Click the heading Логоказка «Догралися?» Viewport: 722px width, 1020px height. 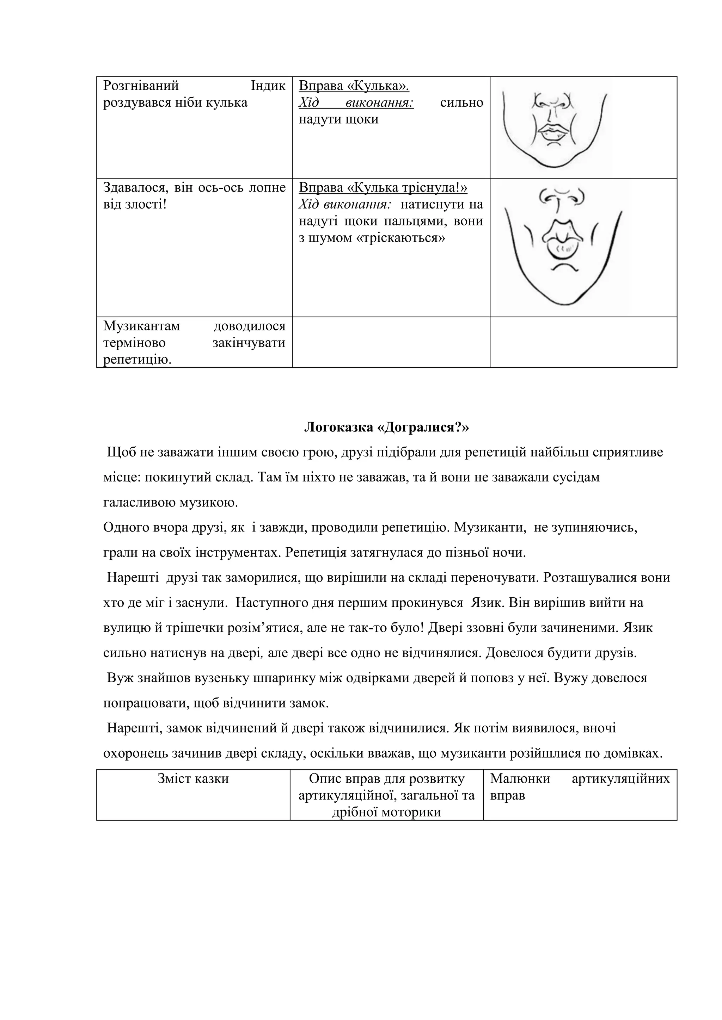tap(386, 427)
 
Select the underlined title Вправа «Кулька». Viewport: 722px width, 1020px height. tap(354, 86)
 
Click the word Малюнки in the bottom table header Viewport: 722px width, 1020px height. tap(520, 779)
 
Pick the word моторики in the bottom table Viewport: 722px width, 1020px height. tap(408, 813)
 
